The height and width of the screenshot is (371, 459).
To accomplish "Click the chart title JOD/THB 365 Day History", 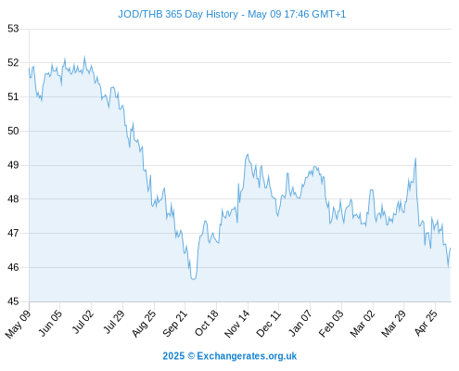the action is click(178, 14).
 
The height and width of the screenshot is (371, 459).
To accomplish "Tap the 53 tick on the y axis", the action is click(13, 29).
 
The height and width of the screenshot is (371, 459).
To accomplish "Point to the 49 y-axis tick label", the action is click(13, 165).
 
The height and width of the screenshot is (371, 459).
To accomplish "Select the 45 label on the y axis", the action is click(13, 301).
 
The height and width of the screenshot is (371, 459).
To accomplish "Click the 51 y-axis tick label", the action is click(13, 97).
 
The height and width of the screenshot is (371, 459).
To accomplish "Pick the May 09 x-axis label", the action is click(19, 324).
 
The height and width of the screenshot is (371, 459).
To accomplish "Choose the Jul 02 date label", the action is click(83, 322).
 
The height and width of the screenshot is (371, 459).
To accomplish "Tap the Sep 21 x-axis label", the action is click(175, 323).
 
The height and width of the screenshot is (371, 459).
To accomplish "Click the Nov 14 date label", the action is click(237, 324).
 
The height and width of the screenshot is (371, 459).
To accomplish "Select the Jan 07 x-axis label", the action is click(300, 323).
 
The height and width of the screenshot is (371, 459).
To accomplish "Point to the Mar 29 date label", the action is click(394, 324).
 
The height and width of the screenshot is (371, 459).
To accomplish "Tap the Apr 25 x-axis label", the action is click(427, 323).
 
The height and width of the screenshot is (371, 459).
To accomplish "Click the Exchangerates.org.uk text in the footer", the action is click(247, 356).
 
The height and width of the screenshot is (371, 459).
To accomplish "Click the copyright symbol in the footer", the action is click(191, 356).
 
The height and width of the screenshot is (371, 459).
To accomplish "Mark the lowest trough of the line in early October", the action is click(194, 279).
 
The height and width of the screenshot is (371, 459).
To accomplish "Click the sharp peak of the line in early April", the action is click(415, 159).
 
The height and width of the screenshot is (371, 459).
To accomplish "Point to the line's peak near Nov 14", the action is click(248, 154).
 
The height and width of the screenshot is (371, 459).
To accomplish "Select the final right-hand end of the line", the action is click(451, 248).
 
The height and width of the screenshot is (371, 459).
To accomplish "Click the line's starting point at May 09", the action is click(30, 69).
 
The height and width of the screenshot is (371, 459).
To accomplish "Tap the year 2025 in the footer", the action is click(173, 356).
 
